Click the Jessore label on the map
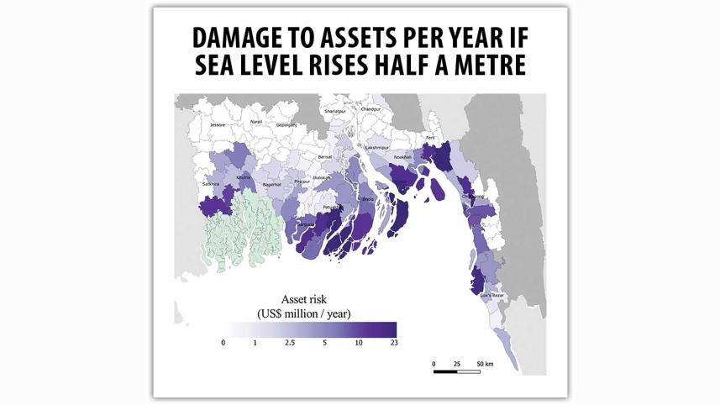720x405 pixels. click(x=218, y=125)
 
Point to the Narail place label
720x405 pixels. click(x=256, y=123)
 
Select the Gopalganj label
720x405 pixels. click(x=286, y=125)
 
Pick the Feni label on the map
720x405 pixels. click(x=431, y=137)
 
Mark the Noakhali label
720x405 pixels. click(x=403, y=157)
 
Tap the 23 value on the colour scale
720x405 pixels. click(x=393, y=343)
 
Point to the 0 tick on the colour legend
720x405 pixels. click(x=223, y=343)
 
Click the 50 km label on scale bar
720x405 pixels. click(x=485, y=363)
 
